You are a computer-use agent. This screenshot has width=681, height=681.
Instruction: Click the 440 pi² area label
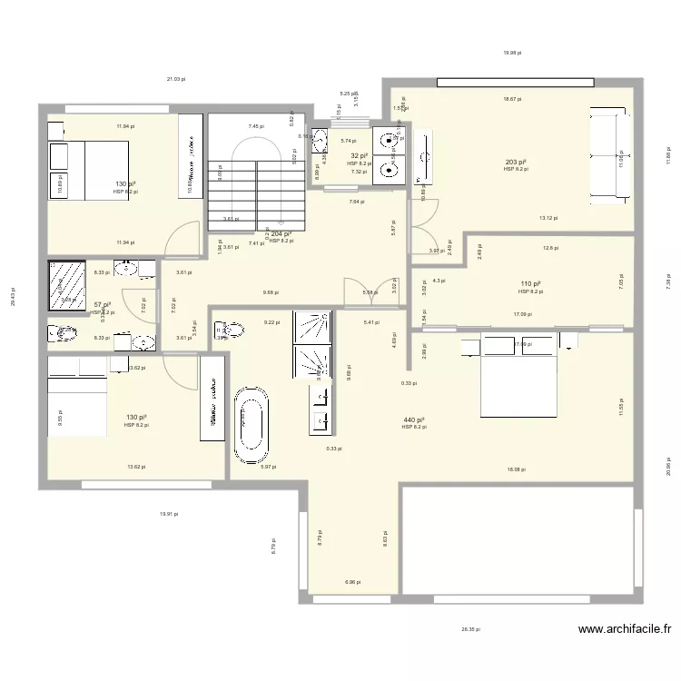[413, 420]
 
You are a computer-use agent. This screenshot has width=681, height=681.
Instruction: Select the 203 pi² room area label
[515, 163]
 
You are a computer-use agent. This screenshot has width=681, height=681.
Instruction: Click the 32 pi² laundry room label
[357, 156]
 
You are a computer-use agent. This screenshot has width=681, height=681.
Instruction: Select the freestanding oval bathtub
[250, 421]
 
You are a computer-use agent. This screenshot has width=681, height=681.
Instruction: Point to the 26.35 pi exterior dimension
[470, 628]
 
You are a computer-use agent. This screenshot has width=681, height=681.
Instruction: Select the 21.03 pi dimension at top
[175, 79]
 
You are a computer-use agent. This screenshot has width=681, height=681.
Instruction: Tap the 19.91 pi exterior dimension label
[169, 514]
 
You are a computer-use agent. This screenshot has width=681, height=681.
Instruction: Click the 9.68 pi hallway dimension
[271, 292]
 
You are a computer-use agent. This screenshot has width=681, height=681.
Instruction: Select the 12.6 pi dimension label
[550, 248]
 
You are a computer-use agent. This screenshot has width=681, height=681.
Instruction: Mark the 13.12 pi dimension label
[548, 218]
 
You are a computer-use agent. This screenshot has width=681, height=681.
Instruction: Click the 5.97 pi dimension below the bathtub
[268, 467]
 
